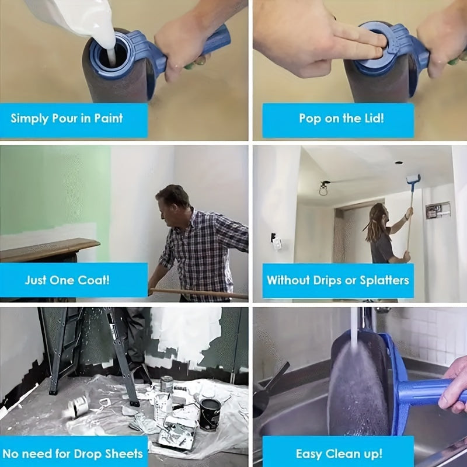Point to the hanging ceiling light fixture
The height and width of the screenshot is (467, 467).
pyautogui.click(x=323, y=189)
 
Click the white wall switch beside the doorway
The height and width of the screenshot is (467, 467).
pyautogui.click(x=277, y=242)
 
